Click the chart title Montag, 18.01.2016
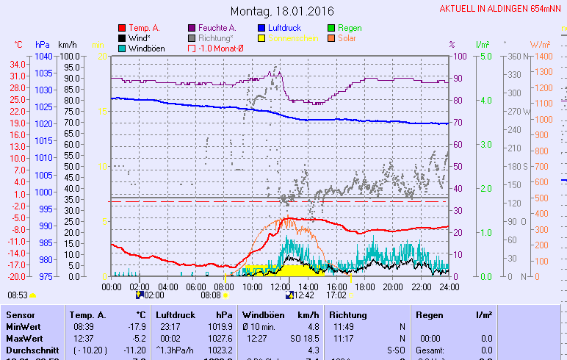point(282,11)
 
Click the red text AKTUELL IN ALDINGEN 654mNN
point(502,9)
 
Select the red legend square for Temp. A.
point(122,28)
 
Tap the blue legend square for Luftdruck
point(262,28)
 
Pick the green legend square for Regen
point(332,28)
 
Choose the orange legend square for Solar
point(332,38)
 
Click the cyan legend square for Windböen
point(122,48)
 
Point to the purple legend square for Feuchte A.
point(192,28)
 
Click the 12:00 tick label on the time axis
point(281,287)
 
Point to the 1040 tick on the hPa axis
point(43,56)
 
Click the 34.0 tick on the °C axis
point(18,64)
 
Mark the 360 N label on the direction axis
point(517,56)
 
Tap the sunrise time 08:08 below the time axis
point(211,295)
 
